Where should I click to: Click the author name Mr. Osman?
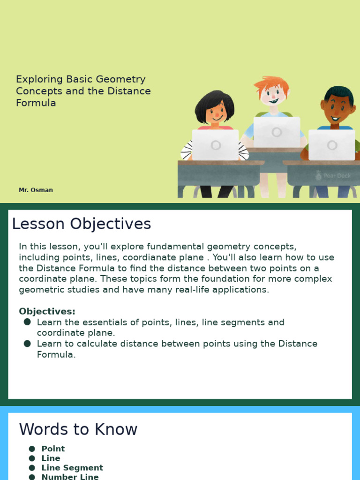(36, 190)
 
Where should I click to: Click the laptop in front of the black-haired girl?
(215, 145)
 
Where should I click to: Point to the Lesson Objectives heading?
(82, 224)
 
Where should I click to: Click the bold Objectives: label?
(47, 311)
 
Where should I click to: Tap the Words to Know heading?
(78, 429)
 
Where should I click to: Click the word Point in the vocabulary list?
(53, 449)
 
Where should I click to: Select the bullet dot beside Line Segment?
(32, 468)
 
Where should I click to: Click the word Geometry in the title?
(120, 79)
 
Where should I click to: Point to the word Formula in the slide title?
(36, 103)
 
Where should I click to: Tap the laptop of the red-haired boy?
(277, 132)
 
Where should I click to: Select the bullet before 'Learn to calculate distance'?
(27, 344)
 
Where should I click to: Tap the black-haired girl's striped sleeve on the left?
(187, 150)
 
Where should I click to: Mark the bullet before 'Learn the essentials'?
(27, 322)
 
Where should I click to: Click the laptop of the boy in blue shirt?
(331, 145)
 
